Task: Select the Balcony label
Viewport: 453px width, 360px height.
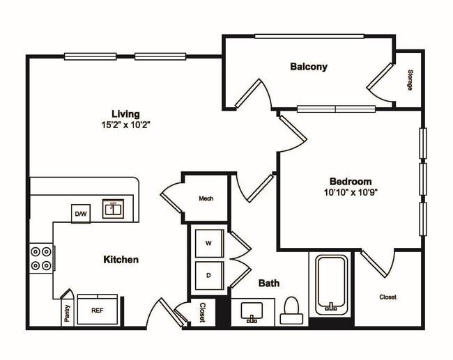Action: [x=309, y=67]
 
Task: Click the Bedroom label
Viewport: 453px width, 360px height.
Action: [x=351, y=180]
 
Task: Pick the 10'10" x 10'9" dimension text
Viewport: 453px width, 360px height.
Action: [x=351, y=191]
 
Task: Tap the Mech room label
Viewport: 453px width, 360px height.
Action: [x=206, y=198]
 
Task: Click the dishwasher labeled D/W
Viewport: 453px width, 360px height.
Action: [x=81, y=214]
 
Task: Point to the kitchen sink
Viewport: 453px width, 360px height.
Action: [x=113, y=208]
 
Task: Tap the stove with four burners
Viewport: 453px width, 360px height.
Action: [x=41, y=258]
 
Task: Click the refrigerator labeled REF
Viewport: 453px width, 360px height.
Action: [x=99, y=311]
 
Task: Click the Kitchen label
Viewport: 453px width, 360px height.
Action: [x=121, y=260]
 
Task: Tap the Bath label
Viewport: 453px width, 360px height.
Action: [x=269, y=283]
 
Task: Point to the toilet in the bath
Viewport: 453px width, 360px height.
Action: [x=291, y=311]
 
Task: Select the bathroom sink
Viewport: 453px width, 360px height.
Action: [x=253, y=312]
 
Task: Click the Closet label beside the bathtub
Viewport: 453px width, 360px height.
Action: [x=388, y=297]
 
